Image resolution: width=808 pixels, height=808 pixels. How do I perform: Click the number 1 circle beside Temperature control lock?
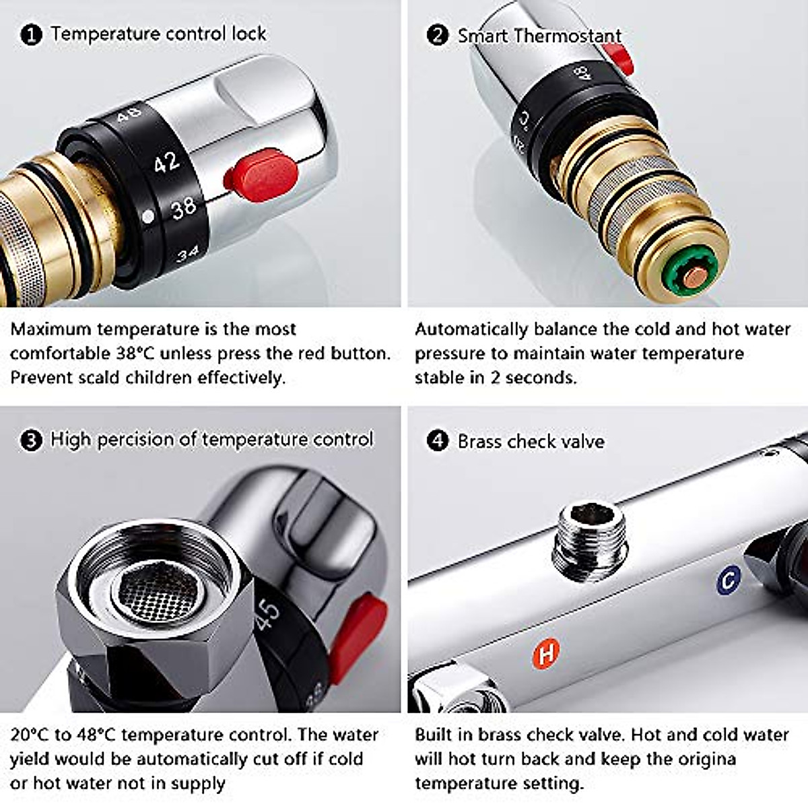(x=32, y=35)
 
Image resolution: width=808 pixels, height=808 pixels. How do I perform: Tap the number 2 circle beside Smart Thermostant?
(x=438, y=35)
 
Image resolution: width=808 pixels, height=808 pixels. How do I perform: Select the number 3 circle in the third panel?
(x=32, y=441)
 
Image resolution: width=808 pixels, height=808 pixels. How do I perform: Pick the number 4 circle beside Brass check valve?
(x=438, y=442)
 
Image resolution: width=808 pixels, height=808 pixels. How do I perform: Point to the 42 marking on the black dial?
(x=166, y=162)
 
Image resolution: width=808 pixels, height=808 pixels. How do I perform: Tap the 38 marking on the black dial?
(x=183, y=209)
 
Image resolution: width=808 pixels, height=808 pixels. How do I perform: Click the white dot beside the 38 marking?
(x=148, y=217)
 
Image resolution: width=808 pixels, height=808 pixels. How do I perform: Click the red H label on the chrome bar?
(x=547, y=653)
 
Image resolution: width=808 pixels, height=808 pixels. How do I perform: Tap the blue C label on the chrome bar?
(x=729, y=580)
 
